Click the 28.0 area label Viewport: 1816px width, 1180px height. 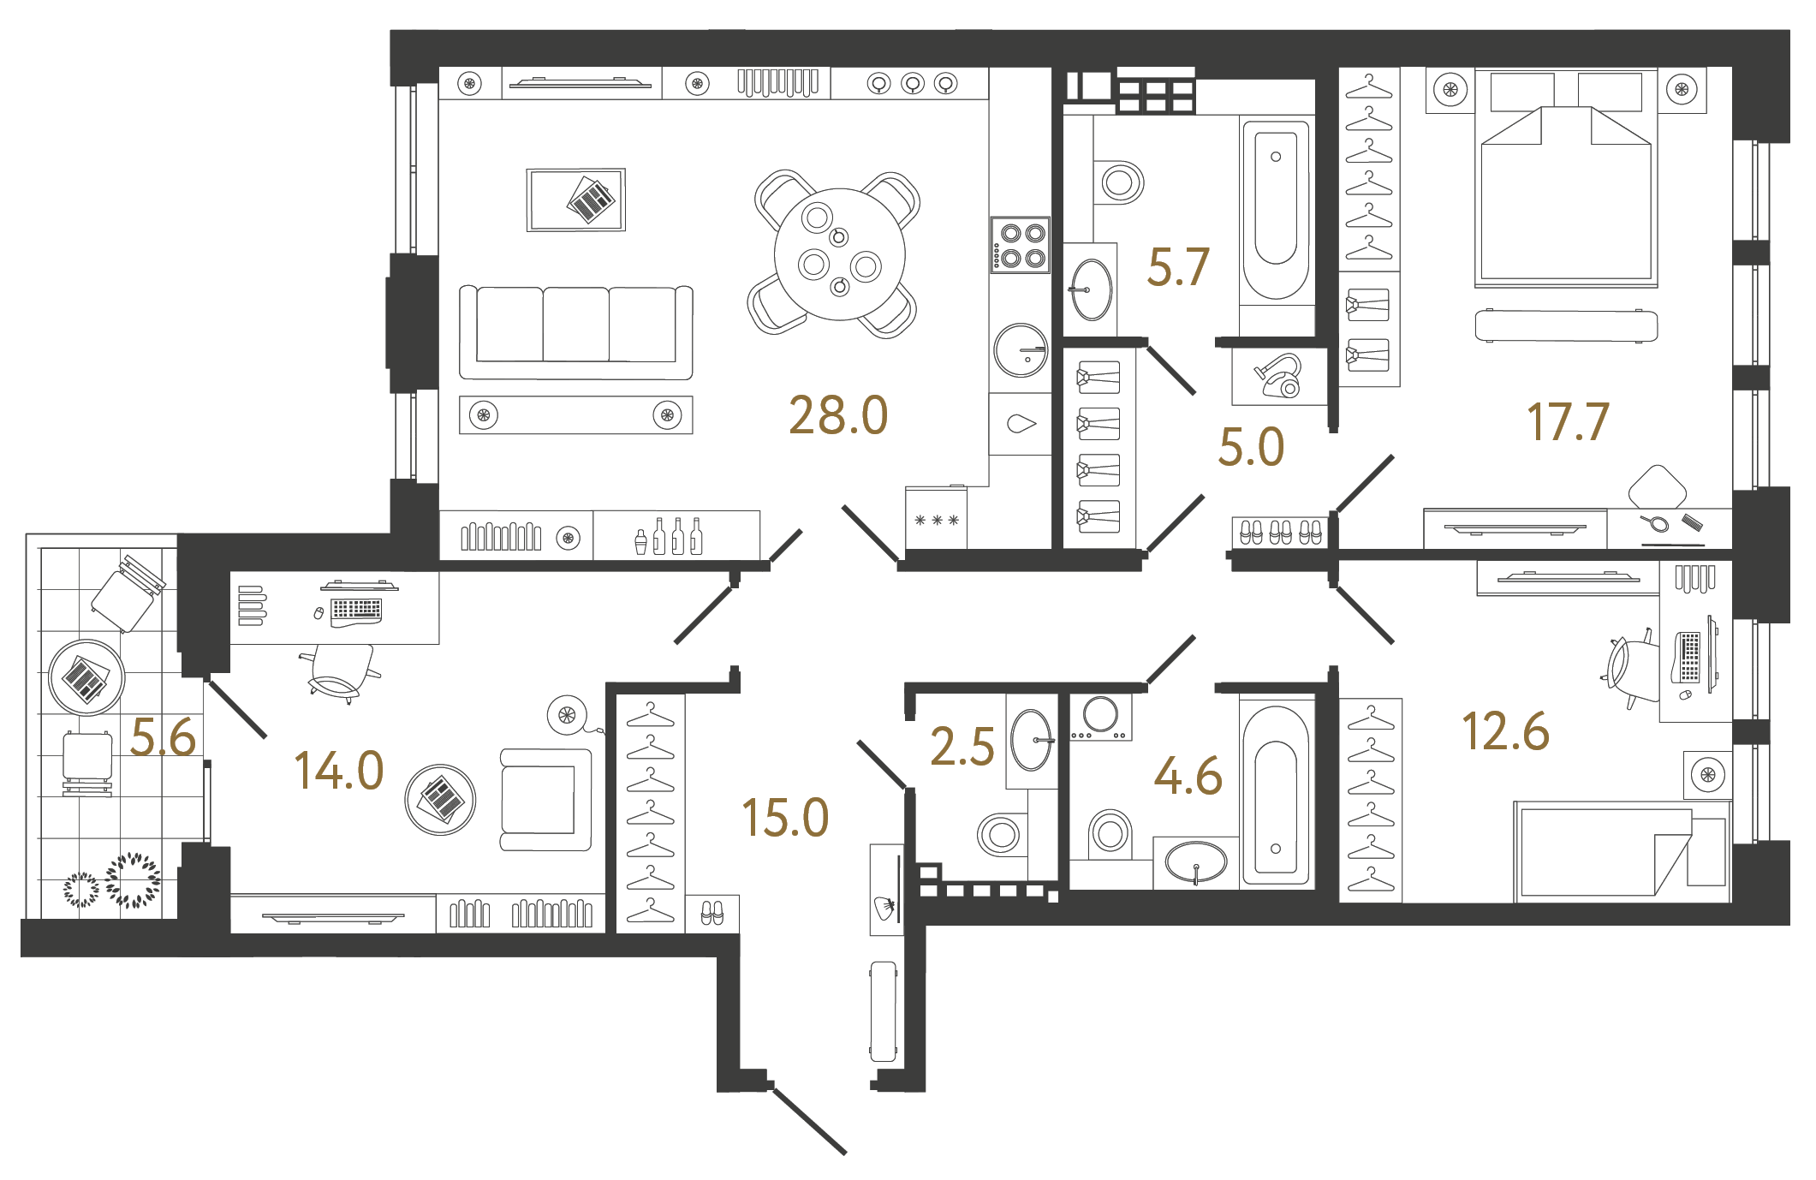point(838,416)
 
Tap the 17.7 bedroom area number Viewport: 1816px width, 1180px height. point(1568,422)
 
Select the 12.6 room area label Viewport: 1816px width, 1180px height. point(1505,732)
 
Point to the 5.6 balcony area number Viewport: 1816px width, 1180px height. point(163,737)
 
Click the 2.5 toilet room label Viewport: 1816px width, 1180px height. point(962,747)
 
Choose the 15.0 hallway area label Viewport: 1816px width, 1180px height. point(785,818)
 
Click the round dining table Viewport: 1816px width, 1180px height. point(839,254)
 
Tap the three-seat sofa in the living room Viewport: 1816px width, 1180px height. point(575,331)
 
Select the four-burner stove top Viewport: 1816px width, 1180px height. point(1021,245)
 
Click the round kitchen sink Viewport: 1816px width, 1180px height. point(1021,350)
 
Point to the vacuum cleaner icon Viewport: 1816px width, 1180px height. point(1280,377)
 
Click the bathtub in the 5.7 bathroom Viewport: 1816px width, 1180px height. point(1276,210)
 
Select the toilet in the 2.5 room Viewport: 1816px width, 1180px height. point(999,834)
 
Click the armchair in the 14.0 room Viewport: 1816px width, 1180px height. point(545,800)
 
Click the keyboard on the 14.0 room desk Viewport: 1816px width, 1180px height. point(355,610)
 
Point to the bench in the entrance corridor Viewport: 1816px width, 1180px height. point(884,1011)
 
